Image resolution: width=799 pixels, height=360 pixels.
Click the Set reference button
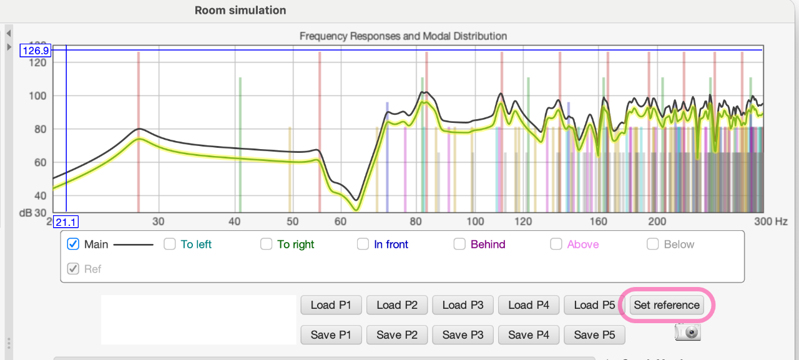[x=666, y=305]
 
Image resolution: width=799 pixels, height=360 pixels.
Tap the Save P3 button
[x=463, y=335]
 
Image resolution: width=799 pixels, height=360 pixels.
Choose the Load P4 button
[x=529, y=305]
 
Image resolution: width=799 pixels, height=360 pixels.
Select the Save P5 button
[x=594, y=335]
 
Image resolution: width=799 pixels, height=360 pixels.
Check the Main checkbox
[x=73, y=244]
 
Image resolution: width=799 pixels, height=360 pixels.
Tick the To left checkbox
[x=169, y=244]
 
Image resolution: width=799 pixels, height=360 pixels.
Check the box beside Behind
[x=459, y=244]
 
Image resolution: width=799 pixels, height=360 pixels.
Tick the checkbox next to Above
[x=556, y=244]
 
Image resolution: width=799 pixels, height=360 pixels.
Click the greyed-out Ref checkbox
[x=73, y=269]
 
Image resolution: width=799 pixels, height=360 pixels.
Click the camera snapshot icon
[x=688, y=332]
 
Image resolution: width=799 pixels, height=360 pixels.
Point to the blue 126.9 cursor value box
[x=36, y=51]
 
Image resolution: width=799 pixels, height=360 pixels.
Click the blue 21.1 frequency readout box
[x=66, y=222]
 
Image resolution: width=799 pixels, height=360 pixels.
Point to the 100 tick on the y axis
[x=38, y=96]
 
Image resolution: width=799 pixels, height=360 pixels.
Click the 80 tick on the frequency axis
[x=416, y=221]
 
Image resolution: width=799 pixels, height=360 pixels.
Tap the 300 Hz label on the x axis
[x=770, y=221]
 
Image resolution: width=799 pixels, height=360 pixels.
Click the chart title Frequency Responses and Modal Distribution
[x=403, y=36]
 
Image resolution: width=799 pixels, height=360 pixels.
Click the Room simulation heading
[x=240, y=11]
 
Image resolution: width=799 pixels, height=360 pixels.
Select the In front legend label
[x=391, y=245]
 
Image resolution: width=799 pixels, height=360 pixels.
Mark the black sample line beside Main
[x=134, y=245]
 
